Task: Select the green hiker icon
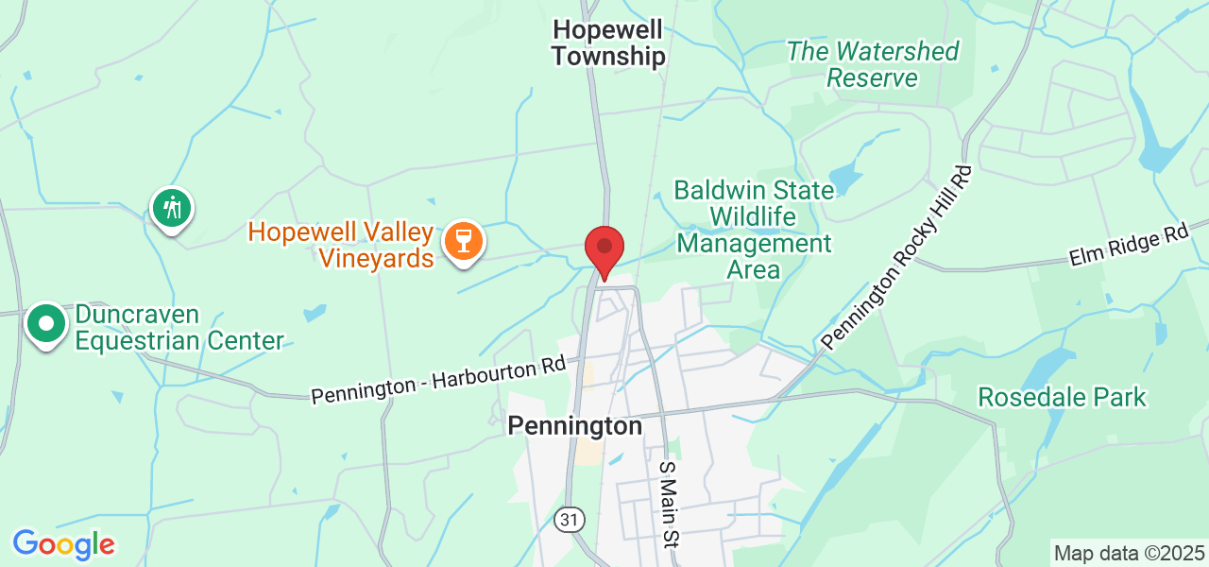(x=172, y=206)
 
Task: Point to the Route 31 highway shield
(x=570, y=519)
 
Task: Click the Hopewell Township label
(x=608, y=43)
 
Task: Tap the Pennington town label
(x=574, y=426)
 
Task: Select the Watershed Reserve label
(x=873, y=64)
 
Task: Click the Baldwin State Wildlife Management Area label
(x=754, y=230)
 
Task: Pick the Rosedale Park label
(x=1062, y=397)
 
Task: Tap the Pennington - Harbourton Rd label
(x=439, y=379)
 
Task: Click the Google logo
(x=63, y=544)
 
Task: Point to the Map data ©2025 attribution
(x=1129, y=553)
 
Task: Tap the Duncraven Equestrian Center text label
(x=179, y=327)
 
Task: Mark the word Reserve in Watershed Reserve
(x=873, y=77)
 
